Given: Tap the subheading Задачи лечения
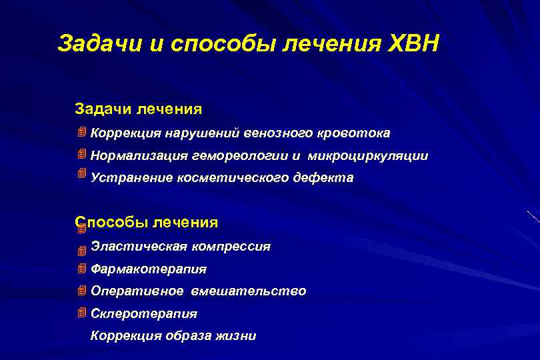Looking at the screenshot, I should pyautogui.click(x=138, y=108).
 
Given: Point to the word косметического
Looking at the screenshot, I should pyautogui.click(x=231, y=178).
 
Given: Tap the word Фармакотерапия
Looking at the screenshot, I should pyautogui.click(x=149, y=269).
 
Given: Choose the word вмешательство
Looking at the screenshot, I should pyautogui.click(x=249, y=291).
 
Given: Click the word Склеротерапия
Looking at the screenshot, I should pyautogui.click(x=144, y=313).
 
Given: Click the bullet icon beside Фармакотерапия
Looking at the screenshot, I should pyautogui.click(x=81, y=269).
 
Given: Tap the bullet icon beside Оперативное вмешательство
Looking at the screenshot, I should pyautogui.click(x=81, y=291).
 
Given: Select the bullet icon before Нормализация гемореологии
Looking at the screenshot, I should pyautogui.click(x=81, y=155).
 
